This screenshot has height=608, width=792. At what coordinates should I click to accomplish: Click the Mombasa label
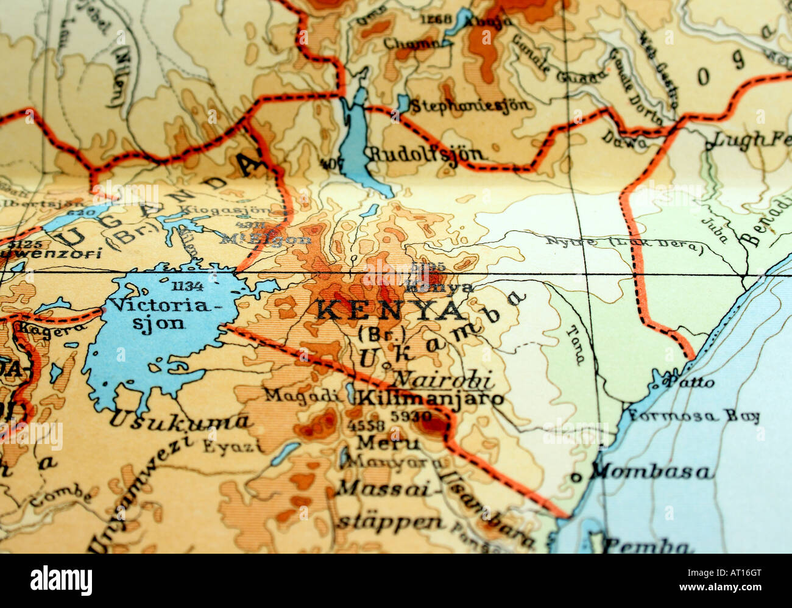click(651, 471)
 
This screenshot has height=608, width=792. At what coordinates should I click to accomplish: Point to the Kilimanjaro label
click(431, 399)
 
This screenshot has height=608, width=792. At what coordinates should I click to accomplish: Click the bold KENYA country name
click(390, 310)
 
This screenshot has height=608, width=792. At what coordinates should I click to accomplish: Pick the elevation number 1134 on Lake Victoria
click(187, 286)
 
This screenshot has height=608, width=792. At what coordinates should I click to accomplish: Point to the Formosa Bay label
click(694, 417)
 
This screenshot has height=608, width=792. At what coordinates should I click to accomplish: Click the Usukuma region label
click(180, 419)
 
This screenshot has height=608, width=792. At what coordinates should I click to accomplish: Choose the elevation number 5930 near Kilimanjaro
click(416, 417)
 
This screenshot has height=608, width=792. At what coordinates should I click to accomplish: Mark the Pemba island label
click(647, 545)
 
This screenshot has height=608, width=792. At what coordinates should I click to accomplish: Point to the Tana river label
click(575, 345)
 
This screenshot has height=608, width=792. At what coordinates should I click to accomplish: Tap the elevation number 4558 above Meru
click(366, 425)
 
